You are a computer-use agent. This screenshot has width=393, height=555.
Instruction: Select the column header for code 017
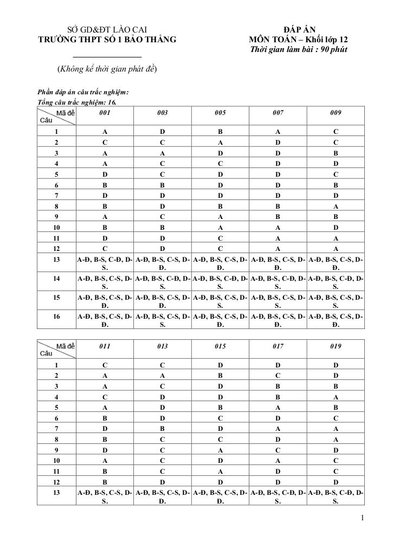coord(278,346)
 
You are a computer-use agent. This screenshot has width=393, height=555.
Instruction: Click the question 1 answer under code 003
coord(162,132)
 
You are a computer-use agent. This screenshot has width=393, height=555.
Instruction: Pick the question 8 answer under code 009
coord(336,206)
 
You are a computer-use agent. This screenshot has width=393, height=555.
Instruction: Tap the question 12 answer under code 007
coord(278,249)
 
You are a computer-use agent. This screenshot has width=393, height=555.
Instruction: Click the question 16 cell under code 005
coord(220,319)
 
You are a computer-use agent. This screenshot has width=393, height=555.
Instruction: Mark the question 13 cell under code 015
coord(220,497)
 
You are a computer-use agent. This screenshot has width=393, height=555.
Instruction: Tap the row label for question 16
coord(56,315)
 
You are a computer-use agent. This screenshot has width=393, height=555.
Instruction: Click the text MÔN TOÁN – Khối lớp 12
coord(299,40)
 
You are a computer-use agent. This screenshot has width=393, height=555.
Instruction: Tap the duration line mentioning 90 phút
coord(299,50)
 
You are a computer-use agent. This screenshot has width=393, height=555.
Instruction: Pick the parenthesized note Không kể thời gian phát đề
coord(107,69)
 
